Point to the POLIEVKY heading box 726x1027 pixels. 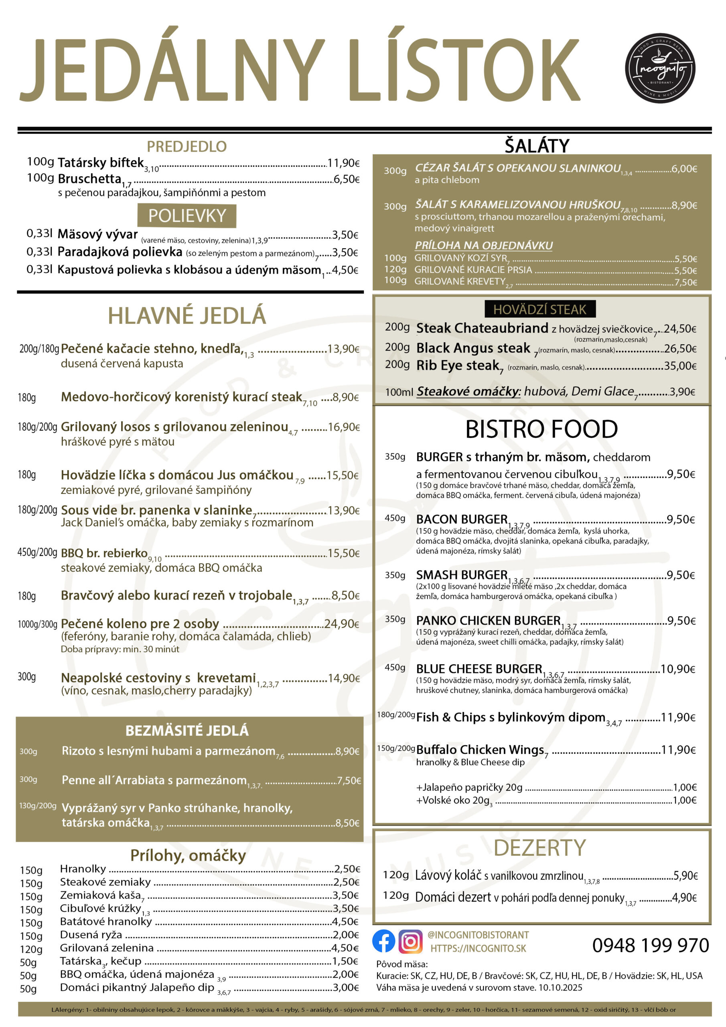pyautogui.click(x=187, y=216)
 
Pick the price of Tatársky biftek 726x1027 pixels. pyautogui.click(x=343, y=163)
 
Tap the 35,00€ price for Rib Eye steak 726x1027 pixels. pyautogui.click(x=680, y=366)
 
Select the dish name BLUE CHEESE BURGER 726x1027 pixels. pyautogui.click(x=479, y=669)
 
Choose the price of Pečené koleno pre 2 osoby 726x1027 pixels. pyautogui.click(x=342, y=623)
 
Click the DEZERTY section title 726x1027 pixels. pyautogui.click(x=540, y=848)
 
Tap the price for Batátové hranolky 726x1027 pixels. pyautogui.click(x=345, y=921)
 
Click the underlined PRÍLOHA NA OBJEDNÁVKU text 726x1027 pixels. pyautogui.click(x=484, y=245)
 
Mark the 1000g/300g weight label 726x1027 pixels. pyautogui.click(x=38, y=624)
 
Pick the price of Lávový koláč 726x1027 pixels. pyautogui.click(x=685, y=875)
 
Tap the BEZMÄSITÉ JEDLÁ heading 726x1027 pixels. pyautogui.click(x=187, y=731)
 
